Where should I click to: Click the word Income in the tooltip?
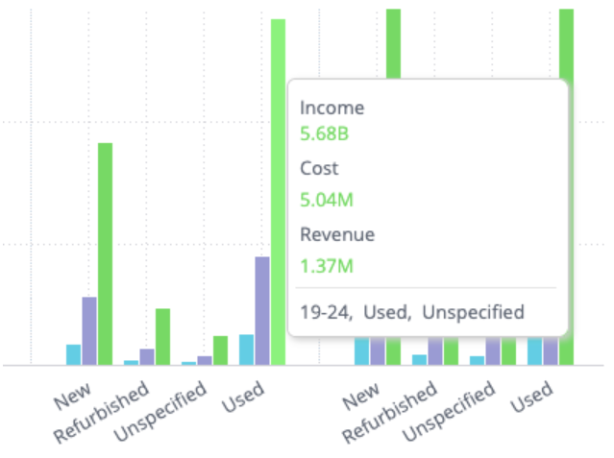coord(332,108)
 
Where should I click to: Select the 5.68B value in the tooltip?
coord(325,133)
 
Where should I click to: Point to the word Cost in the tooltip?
coord(319,168)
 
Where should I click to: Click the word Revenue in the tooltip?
coord(337,234)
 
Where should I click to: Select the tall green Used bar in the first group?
coord(278,192)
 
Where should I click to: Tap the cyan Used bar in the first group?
coord(247,350)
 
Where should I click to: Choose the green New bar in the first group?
coord(105,253)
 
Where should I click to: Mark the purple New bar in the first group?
coord(89,330)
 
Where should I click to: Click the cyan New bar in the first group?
coord(73,354)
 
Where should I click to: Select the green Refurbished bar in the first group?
coord(162,336)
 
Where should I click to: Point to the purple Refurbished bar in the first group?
coord(147,356)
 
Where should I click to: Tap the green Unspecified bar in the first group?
coord(220,350)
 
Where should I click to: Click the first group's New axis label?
coord(72,398)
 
